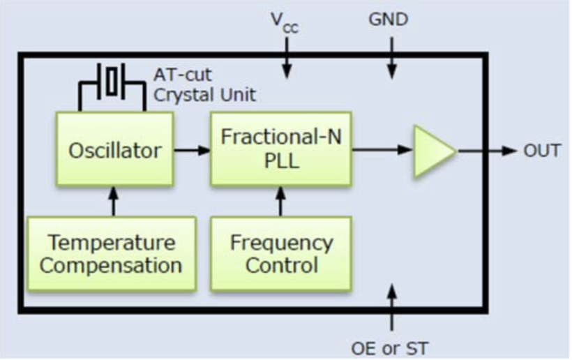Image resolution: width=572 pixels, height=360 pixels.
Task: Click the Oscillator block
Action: (115, 149)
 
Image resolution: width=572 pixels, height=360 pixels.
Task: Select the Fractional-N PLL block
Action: (281, 149)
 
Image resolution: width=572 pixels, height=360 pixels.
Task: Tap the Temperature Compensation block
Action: (112, 253)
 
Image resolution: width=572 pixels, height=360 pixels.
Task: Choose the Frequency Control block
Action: (281, 253)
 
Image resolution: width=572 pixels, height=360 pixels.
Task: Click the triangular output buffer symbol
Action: (433, 150)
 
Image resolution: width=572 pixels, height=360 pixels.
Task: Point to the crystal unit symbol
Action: (112, 80)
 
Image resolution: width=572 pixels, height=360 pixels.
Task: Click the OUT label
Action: (541, 150)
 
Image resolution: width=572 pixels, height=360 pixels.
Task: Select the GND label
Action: (389, 20)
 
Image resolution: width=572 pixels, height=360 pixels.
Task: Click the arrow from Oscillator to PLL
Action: (192, 149)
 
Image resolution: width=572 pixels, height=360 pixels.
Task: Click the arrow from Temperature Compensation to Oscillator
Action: (112, 201)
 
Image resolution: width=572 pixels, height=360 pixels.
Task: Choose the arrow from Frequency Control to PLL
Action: (280, 201)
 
